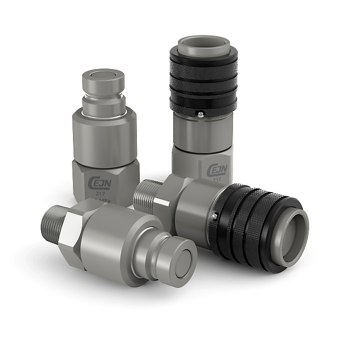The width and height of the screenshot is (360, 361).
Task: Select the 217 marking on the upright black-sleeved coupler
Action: [218, 179]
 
